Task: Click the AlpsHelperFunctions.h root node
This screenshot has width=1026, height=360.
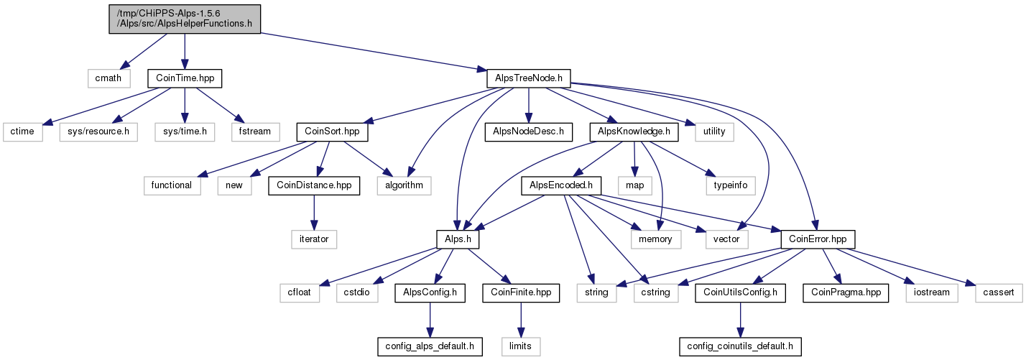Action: click(185, 19)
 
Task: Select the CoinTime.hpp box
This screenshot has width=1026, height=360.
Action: click(185, 78)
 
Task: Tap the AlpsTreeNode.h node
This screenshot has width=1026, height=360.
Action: click(529, 78)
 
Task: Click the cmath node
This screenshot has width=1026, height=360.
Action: click(108, 78)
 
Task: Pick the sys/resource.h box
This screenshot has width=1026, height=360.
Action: click(98, 132)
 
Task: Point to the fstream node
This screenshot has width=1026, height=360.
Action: click(255, 132)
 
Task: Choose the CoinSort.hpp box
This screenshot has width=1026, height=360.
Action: click(332, 132)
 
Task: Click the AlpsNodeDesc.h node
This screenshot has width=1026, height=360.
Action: click(529, 132)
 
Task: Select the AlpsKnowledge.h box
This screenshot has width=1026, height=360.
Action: click(634, 132)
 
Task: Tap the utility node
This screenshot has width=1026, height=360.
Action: click(714, 132)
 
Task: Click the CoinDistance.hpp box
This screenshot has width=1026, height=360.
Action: click(314, 185)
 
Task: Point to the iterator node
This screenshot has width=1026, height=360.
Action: click(314, 239)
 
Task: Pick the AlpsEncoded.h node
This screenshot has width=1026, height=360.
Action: click(561, 185)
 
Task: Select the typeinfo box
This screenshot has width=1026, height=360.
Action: click(731, 185)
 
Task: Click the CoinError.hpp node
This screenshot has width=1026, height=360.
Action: click(818, 239)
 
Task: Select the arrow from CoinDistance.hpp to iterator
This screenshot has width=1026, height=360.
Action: click(314, 213)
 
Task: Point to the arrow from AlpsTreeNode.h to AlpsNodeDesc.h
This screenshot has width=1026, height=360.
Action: click(529, 106)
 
